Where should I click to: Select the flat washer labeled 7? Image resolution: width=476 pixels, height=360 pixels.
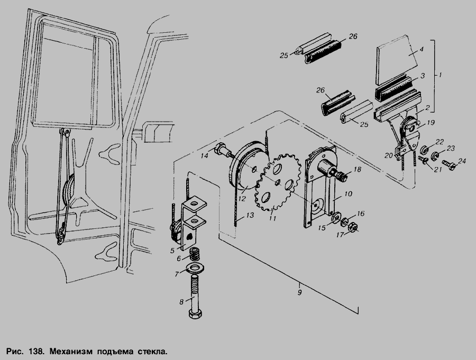point(194,269)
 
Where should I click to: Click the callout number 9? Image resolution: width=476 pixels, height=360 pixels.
point(299,293)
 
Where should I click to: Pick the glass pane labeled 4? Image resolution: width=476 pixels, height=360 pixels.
point(396,60)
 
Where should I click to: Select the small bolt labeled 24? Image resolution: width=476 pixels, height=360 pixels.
point(449,165)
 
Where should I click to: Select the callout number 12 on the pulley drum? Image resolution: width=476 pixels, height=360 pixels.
point(242,199)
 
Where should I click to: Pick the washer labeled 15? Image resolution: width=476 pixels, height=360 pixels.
point(336,218)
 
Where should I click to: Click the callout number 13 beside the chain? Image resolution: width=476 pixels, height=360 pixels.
point(250,215)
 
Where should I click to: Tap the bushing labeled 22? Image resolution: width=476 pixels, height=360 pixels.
point(424,150)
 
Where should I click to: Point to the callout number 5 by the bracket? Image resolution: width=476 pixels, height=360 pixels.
point(172,251)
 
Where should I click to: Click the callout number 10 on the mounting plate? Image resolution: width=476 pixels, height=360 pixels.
point(348,193)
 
